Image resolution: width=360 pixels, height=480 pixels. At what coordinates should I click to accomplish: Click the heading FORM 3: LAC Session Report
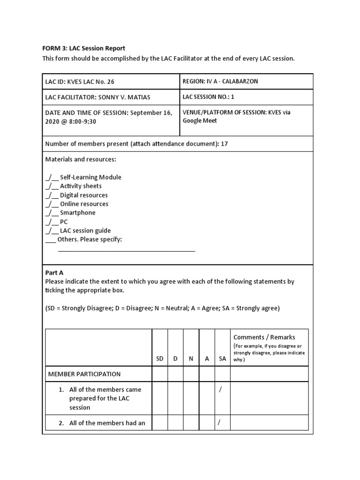tap(85, 48)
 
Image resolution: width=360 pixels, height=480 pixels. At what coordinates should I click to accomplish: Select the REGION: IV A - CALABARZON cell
tap(220, 81)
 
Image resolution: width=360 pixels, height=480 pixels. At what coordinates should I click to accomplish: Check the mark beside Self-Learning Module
tap(52, 177)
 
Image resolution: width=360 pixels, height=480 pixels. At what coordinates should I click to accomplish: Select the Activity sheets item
tap(81, 186)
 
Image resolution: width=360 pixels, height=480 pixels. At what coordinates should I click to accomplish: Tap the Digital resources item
tap(83, 195)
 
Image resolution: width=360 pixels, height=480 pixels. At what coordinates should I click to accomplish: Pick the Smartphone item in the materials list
tap(77, 213)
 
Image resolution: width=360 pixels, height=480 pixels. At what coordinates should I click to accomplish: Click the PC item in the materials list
tap(64, 222)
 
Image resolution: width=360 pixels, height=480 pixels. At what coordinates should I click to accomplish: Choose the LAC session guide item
tap(85, 231)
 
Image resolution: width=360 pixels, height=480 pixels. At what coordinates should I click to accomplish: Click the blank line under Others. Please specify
tap(126, 250)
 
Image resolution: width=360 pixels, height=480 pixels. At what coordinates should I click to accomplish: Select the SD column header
tap(160, 359)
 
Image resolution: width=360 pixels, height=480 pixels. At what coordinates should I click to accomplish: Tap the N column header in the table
tap(191, 359)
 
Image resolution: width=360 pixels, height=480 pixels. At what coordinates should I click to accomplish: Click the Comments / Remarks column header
tap(264, 337)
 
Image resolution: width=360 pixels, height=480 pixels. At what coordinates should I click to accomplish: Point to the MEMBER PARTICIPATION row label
tap(84, 374)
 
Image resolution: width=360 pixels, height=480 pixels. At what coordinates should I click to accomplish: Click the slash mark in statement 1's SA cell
tap(220, 390)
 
